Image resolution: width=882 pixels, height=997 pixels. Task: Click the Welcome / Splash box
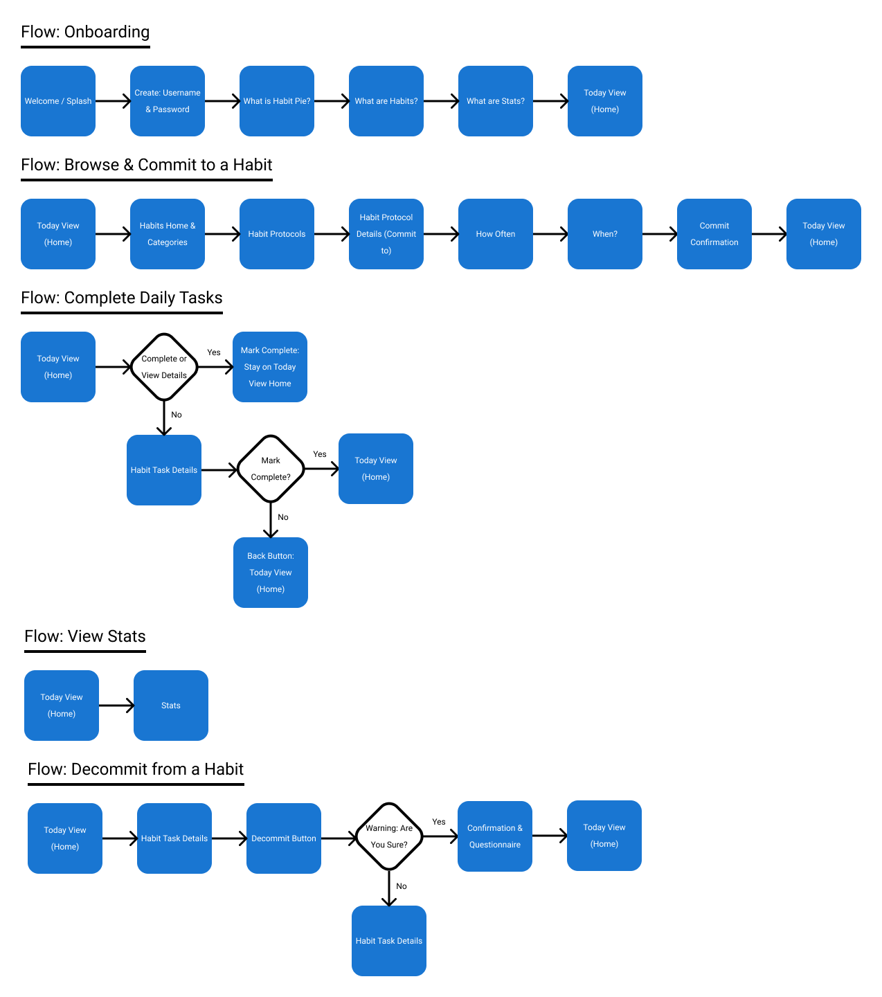(x=58, y=101)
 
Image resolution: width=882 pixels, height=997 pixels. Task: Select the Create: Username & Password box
(x=168, y=101)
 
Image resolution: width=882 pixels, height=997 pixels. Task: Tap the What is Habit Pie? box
(x=277, y=101)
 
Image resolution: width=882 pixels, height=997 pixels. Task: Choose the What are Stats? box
(x=496, y=101)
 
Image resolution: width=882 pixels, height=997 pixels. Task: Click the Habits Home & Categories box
(x=168, y=234)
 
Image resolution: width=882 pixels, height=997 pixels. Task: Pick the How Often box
(x=496, y=234)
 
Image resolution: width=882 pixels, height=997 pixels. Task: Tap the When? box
(x=605, y=234)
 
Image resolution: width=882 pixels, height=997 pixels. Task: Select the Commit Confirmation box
(x=714, y=234)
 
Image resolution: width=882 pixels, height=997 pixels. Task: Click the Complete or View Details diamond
(x=164, y=367)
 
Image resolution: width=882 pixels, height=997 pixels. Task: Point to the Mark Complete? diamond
(x=271, y=469)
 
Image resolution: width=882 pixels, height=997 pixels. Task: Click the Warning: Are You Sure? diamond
(x=389, y=836)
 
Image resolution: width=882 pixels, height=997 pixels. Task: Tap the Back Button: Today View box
(x=271, y=573)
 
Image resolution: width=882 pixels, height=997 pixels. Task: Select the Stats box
(x=171, y=706)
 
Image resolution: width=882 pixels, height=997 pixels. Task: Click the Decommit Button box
(x=284, y=838)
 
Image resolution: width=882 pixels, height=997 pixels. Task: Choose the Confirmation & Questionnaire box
(x=495, y=836)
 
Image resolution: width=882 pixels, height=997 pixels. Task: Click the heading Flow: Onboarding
(x=85, y=32)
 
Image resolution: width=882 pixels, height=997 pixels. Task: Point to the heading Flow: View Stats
(x=85, y=636)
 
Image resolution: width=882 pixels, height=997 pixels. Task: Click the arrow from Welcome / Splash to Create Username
(x=113, y=101)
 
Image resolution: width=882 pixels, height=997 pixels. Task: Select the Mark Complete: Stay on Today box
(x=270, y=367)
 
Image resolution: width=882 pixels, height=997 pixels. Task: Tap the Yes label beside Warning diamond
(x=439, y=822)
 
